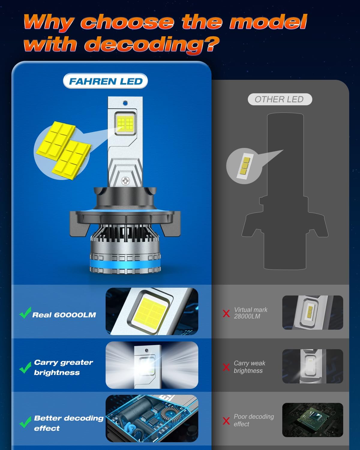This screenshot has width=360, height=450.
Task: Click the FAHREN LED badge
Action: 106,81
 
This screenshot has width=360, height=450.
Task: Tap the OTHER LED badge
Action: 279,99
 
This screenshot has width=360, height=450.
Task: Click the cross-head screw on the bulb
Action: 125,181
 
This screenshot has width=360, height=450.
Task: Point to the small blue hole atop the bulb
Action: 125,103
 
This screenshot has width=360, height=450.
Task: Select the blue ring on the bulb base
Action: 125,266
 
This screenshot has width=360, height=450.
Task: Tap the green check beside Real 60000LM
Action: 25,313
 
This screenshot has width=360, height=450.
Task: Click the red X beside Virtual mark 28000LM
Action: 226,313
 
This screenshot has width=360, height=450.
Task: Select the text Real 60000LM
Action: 64,315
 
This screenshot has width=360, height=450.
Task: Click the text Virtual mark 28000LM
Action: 250,313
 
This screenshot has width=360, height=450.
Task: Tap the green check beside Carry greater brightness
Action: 25,367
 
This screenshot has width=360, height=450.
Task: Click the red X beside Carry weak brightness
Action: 226,367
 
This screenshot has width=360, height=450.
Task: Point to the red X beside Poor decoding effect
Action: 226,421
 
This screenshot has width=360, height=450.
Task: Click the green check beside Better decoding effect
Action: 25,422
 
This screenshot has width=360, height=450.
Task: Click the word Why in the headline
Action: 48,22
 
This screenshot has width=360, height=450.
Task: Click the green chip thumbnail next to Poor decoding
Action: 313,420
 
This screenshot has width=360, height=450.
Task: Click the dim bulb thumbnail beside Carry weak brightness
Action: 313,366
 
